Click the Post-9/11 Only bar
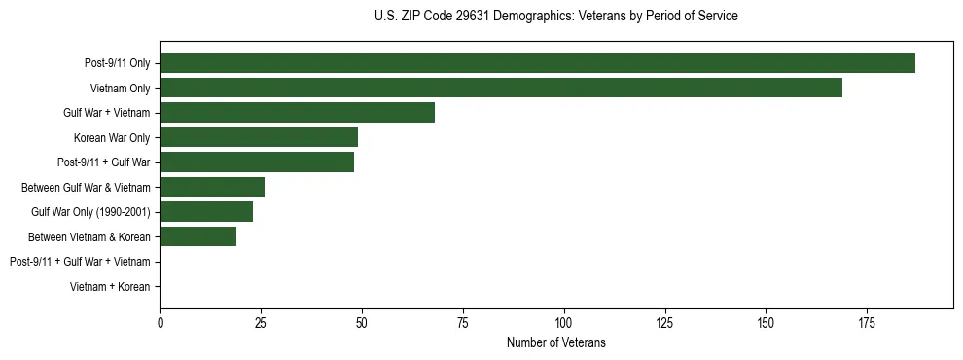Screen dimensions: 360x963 point(537,62)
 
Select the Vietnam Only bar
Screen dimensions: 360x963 point(501,88)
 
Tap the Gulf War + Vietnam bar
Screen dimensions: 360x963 point(297,112)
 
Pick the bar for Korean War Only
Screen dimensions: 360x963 point(259,137)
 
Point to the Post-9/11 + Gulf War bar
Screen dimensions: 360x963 point(257,162)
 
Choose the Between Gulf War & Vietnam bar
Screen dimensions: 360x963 point(212,187)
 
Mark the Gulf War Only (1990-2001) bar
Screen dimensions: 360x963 point(206,211)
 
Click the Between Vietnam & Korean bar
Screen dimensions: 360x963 point(197,236)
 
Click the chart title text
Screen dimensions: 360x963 point(555,17)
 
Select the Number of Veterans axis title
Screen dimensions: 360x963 point(555,342)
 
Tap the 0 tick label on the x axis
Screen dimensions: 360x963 point(160,323)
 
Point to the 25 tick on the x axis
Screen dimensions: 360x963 point(261,323)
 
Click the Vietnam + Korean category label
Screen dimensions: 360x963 point(110,286)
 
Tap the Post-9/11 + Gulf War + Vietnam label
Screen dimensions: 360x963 point(80,262)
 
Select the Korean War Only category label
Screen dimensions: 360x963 point(112,137)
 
